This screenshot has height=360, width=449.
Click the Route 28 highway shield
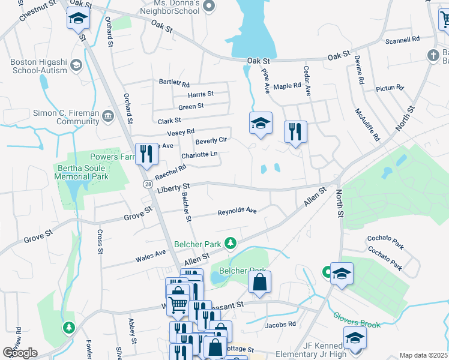[x=147, y=185]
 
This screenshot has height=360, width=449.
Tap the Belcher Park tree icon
[x=229, y=243]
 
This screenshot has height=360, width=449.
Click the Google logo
[x=19, y=353]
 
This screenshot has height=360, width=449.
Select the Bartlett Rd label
[x=174, y=83]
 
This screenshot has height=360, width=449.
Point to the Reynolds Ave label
[x=237, y=211]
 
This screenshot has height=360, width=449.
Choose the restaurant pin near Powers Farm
[x=146, y=154]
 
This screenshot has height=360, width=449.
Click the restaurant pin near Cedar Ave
[x=295, y=131]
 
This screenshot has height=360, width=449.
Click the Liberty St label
[x=173, y=188]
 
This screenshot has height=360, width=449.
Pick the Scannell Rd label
[x=403, y=41]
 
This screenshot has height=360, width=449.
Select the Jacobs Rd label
[x=281, y=325]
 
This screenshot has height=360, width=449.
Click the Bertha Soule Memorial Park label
[x=80, y=172]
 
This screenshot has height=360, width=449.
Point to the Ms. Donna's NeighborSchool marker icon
[x=209, y=7]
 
